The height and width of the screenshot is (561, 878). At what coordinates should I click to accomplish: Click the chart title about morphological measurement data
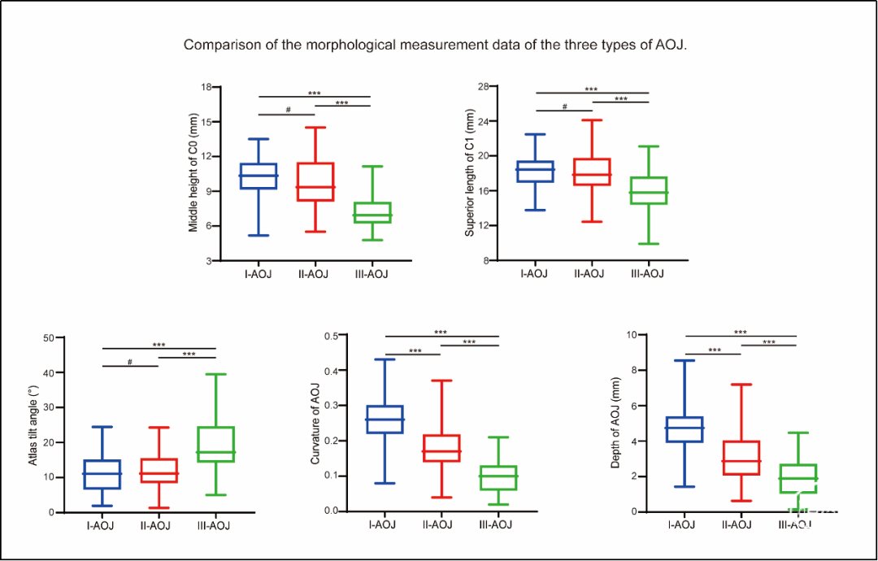pyautogui.click(x=436, y=45)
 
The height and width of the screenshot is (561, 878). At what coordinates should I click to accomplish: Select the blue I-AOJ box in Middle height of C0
pyautogui.click(x=259, y=176)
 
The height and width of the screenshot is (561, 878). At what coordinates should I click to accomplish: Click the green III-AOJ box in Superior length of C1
pyautogui.click(x=649, y=190)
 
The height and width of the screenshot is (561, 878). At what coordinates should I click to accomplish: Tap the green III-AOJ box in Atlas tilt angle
pyautogui.click(x=216, y=444)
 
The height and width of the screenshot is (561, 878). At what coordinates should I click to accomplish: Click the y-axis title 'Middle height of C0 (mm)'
pyautogui.click(x=193, y=174)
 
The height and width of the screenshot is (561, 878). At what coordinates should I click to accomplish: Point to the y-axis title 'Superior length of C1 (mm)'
pyautogui.click(x=470, y=174)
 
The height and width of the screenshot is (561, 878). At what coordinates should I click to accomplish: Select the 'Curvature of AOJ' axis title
pyautogui.click(x=315, y=424)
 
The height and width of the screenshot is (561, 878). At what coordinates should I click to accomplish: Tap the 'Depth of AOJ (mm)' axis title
pyautogui.click(x=615, y=424)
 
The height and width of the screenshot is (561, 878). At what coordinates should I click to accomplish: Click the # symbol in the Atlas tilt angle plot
pyautogui.click(x=130, y=361)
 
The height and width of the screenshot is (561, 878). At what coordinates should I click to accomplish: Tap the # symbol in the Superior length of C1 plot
pyautogui.click(x=564, y=107)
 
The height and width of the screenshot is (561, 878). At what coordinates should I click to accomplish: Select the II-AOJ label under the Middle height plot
pyautogui.click(x=314, y=273)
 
